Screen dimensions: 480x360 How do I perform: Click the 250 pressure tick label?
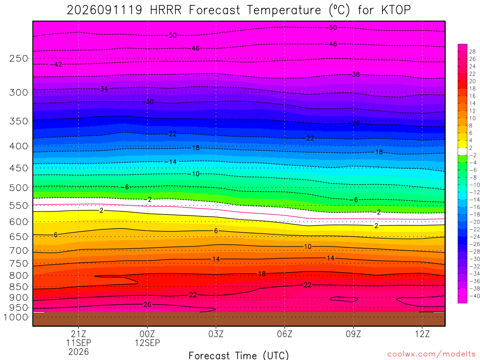pos(18,58)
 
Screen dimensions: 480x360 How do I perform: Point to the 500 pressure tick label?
pos(18,187)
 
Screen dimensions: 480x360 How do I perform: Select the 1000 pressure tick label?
pos(16,317)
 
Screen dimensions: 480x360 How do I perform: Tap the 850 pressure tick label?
pos(18,287)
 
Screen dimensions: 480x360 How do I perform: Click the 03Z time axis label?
pos(216,334)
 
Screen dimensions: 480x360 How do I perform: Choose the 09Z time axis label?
pos(353,334)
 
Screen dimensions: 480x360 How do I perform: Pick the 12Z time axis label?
pos(422,334)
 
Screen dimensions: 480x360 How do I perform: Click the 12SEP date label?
pos(147,343)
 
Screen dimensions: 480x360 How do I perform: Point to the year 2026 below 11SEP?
pos(78,352)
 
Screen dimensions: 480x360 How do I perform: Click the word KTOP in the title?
pos(396,10)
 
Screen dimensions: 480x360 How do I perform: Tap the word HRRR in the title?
pos(165,10)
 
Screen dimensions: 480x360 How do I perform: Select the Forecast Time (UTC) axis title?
pos(239,355)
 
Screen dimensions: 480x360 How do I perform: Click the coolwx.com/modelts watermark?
pos(431,354)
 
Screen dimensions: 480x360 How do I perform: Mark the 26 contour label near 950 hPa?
pos(147,305)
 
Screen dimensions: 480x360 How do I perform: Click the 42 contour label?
pos(58,65)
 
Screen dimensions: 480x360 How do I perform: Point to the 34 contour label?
pos(104,89)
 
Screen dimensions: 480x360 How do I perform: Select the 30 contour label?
pos(150,102)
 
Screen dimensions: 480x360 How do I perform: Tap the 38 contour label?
pos(356,75)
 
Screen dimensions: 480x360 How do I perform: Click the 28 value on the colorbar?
pos(472,52)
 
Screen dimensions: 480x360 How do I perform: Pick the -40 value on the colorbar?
pos(474,296)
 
